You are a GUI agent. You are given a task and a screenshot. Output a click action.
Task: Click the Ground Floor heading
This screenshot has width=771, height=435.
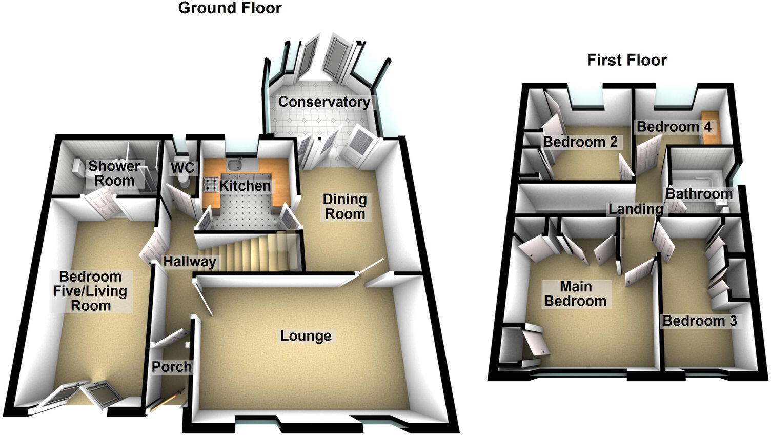(230, 8)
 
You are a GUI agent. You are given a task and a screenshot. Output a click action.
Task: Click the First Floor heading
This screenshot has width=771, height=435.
(626, 60)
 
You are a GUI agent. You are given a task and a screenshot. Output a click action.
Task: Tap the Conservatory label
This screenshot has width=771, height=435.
(323, 102)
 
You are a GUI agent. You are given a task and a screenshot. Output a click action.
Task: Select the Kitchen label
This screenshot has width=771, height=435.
(245, 186)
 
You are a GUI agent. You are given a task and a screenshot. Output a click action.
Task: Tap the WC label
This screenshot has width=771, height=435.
(182, 168)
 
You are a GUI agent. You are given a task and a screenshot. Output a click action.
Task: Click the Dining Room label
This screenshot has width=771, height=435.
(344, 206)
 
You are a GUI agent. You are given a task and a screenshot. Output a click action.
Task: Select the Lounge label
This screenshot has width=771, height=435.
(306, 336)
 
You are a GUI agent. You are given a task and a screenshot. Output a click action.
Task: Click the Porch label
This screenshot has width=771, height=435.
(171, 367)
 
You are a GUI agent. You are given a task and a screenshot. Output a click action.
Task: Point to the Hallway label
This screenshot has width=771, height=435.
(190, 262)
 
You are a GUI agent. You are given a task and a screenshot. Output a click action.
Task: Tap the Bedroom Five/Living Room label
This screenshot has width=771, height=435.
(91, 291)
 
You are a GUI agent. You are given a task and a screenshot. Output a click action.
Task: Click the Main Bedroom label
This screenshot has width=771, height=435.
(575, 293)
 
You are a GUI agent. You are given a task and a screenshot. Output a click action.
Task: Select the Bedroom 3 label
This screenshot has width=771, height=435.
(699, 321)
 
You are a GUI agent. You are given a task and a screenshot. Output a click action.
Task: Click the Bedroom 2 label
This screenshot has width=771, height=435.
(580, 142)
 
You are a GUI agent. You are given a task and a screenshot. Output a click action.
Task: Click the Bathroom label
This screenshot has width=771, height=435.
(699, 193)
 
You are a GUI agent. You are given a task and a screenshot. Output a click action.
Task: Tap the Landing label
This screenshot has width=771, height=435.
(636, 209)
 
